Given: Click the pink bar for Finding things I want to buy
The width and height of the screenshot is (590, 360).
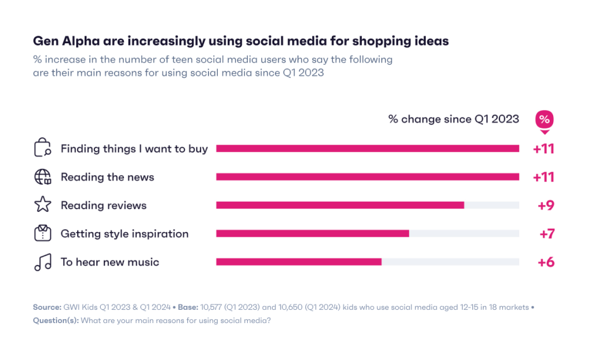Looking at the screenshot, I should [x=368, y=149].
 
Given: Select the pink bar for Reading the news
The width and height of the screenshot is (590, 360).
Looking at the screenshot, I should [x=368, y=177].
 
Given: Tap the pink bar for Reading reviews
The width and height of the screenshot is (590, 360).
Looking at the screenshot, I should [x=340, y=205].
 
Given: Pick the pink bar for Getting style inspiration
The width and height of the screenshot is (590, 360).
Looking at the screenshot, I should [x=312, y=233].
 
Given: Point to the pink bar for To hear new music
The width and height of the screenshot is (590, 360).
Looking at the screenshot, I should [x=298, y=262].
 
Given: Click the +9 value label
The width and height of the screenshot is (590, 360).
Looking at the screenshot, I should [x=545, y=205].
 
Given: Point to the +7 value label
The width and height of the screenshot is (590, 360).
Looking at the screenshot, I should [x=546, y=233].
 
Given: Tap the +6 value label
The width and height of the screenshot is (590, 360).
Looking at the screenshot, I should [x=546, y=262].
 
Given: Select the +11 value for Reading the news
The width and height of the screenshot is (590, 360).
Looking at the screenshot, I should [x=543, y=177].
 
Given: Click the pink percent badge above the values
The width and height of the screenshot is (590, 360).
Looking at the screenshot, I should [x=544, y=120].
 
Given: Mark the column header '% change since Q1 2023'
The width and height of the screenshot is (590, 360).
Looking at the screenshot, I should [x=453, y=119].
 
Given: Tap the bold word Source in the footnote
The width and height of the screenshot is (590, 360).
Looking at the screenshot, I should [x=47, y=308].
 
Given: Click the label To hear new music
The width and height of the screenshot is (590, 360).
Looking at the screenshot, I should [x=109, y=262].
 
